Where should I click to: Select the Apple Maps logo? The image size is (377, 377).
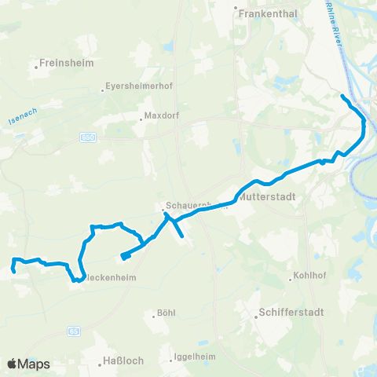[x=28, y=364]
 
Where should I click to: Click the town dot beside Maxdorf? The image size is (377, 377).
[x=141, y=119]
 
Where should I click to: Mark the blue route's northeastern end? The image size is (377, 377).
[x=342, y=97]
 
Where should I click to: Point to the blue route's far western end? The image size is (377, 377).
[x=13, y=271]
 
